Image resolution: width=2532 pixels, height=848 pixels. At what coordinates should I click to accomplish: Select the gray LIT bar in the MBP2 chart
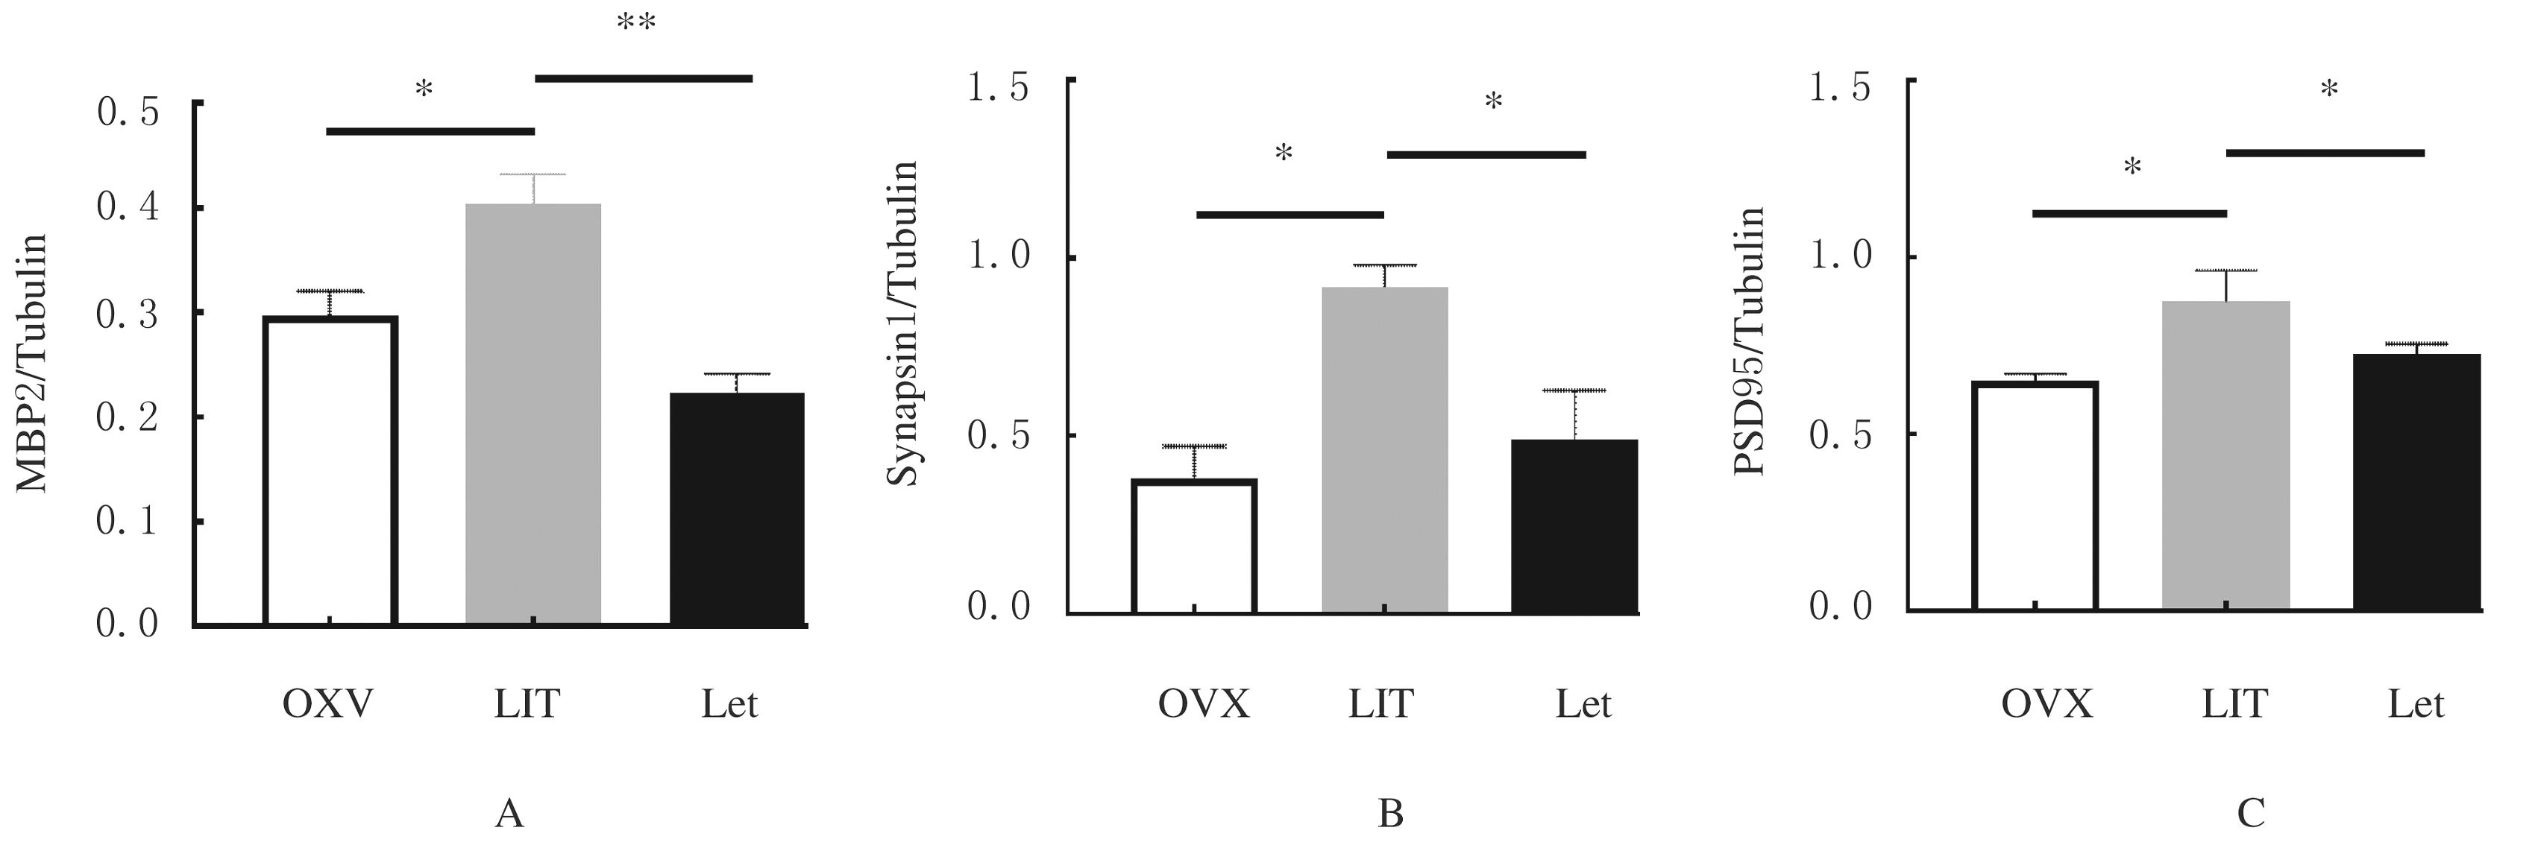click(533, 413)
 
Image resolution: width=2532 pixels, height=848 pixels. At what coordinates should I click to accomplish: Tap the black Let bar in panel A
click(737, 508)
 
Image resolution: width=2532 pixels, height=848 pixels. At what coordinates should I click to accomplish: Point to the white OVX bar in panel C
click(2034, 496)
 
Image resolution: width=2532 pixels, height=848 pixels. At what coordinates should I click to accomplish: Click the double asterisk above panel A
click(636, 24)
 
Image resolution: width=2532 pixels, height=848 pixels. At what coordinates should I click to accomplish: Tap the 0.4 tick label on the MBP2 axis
click(128, 209)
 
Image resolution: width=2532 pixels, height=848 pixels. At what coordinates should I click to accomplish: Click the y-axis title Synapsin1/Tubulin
click(902, 323)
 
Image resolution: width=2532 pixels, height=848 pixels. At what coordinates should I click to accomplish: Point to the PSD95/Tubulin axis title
click(1749, 341)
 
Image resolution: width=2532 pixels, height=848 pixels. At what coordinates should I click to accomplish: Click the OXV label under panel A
click(327, 703)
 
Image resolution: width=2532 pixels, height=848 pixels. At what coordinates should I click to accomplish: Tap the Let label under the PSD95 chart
click(2416, 703)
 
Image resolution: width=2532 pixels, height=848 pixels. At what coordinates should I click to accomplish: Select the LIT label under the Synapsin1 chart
click(1381, 703)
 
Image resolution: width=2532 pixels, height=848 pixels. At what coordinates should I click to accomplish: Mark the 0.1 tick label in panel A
click(128, 521)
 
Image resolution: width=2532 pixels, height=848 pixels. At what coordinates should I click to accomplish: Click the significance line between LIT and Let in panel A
click(644, 77)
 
